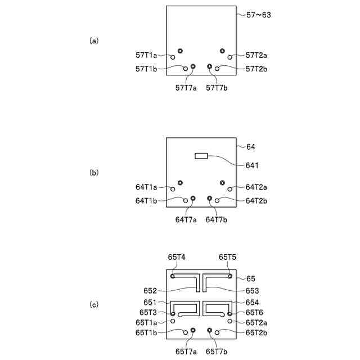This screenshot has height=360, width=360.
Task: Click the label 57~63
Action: (259, 15)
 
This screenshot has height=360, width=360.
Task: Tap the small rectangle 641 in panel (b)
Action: (201, 155)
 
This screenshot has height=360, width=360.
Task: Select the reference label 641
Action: (253, 165)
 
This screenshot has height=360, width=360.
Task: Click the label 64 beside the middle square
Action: (251, 147)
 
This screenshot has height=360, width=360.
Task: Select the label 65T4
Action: (177, 257)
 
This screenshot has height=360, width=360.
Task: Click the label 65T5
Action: (228, 257)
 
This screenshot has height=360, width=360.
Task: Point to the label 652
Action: (150, 291)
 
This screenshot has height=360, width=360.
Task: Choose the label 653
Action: (253, 291)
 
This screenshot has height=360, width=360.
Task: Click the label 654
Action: (253, 303)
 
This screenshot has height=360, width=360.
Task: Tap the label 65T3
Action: (148, 313)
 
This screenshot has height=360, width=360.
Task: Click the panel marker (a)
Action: (94, 40)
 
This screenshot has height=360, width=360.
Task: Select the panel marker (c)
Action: (94, 305)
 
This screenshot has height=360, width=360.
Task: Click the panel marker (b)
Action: (94, 173)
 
